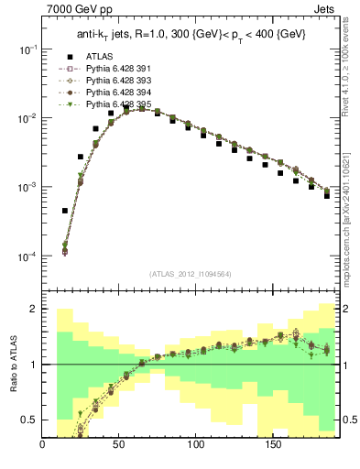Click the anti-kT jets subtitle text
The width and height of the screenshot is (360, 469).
click(191, 34)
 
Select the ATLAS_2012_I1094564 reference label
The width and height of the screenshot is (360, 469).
click(191, 273)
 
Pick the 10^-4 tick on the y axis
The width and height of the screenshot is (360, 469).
click(27, 256)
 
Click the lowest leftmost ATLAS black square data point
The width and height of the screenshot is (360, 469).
click(65, 211)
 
